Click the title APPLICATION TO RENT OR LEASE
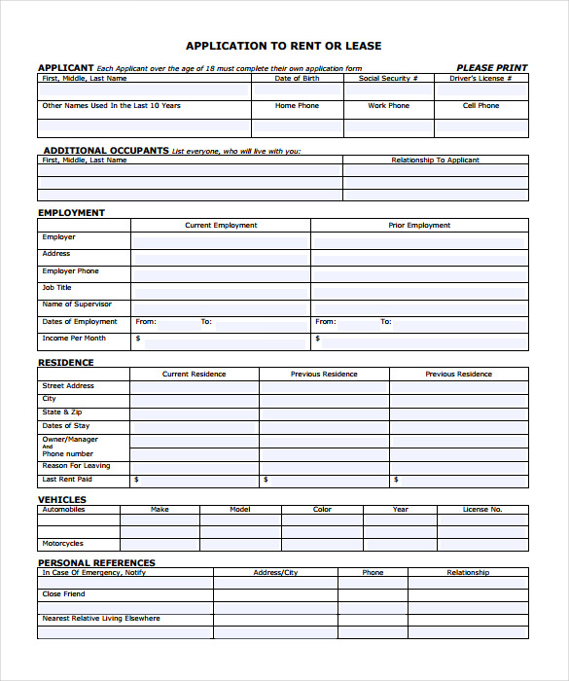(283, 46)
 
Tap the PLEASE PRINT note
(491, 68)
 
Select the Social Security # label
(388, 79)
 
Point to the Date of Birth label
(297, 79)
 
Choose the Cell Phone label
(480, 106)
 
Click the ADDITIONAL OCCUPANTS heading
(106, 151)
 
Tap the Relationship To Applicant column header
(435, 161)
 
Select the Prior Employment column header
(419, 225)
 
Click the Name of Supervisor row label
(77, 305)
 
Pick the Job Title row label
(56, 288)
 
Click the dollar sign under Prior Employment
(317, 340)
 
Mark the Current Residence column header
(194, 374)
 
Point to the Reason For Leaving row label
(76, 466)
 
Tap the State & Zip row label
(61, 412)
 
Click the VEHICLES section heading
(62, 499)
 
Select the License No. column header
(481, 510)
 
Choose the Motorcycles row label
(62, 544)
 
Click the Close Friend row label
(63, 594)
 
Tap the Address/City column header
(275, 573)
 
